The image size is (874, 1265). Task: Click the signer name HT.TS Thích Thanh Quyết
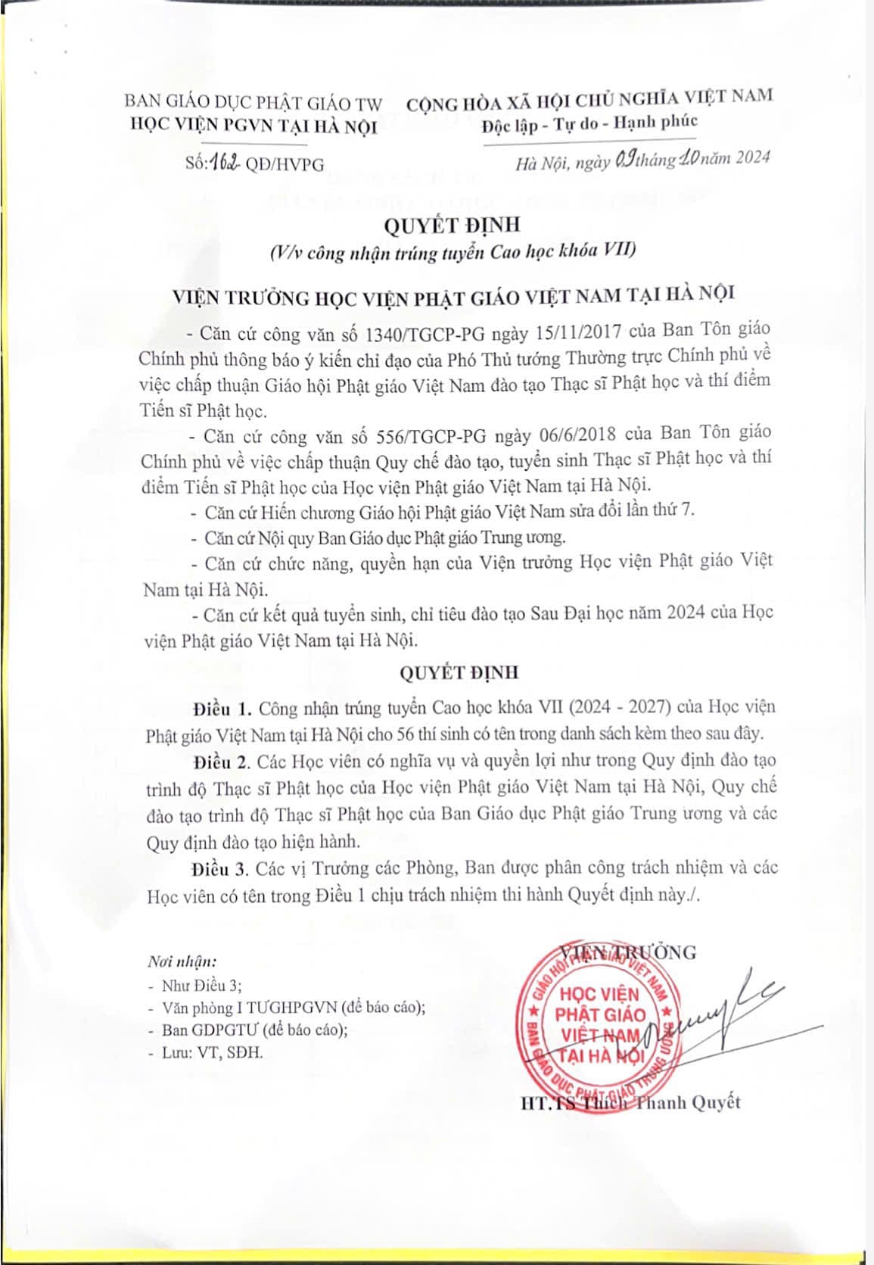pyautogui.click(x=630, y=1102)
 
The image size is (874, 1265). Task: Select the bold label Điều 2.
pyautogui.click(x=221, y=761)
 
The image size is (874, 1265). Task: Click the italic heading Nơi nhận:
pyautogui.click(x=182, y=962)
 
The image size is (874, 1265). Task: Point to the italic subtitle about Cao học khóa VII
pyautogui.click(x=453, y=251)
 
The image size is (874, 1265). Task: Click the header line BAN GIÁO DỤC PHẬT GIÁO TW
pyautogui.click(x=253, y=102)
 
